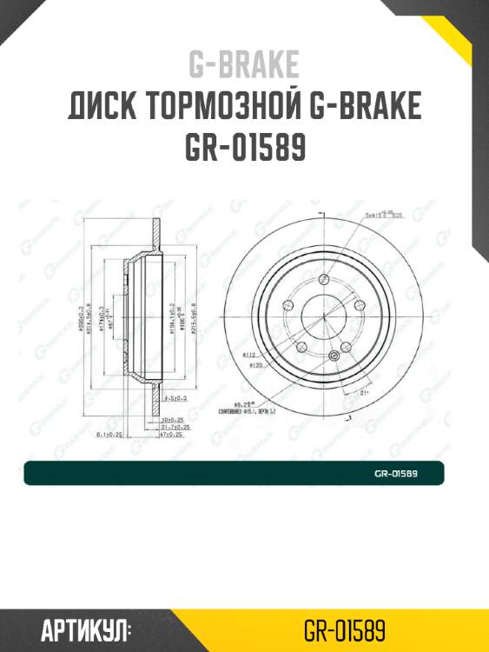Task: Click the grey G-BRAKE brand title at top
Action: pyautogui.click(x=244, y=65)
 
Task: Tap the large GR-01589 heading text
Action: pyautogui.click(x=244, y=149)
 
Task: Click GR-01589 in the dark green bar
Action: pyautogui.click(x=396, y=474)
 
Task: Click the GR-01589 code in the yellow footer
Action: pyautogui.click(x=345, y=629)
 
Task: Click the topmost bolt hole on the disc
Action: pyautogui.click(x=324, y=280)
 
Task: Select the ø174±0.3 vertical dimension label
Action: pyautogui.click(x=101, y=318)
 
